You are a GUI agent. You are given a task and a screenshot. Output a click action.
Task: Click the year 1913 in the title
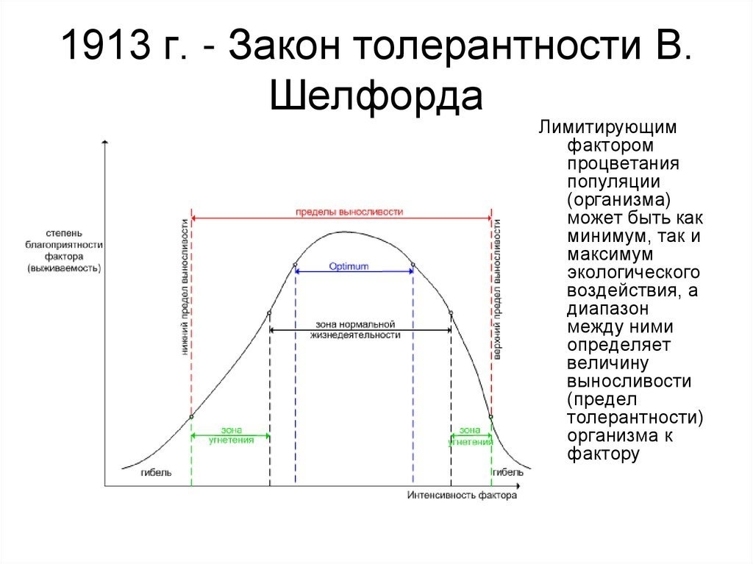coord(106,45)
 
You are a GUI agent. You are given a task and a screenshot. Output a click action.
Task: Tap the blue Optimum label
coord(349,266)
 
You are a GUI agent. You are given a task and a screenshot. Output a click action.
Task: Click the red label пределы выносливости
coord(349,212)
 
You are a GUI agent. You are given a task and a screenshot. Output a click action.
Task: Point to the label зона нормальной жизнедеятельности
coord(355,329)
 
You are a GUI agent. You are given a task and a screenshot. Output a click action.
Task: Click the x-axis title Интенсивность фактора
coord(462,496)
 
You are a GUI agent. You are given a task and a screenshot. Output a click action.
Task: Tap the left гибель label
coord(156,472)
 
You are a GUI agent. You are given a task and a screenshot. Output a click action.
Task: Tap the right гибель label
coord(508,472)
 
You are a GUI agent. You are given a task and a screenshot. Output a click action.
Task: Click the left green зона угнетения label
coord(231,435)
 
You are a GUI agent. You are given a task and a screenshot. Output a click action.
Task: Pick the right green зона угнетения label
coord(470,436)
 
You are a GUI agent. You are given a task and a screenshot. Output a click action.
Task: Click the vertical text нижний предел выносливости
coord(185,288)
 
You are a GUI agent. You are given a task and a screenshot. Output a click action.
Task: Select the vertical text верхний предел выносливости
coord(498,289)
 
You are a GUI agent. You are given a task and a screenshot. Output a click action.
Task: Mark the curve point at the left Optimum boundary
coord(295,265)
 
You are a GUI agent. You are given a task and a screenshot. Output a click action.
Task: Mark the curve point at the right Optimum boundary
coord(413,265)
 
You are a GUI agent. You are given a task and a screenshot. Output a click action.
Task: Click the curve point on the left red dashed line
coord(191,416)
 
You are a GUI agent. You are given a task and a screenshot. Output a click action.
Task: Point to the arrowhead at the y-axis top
coord(105,142)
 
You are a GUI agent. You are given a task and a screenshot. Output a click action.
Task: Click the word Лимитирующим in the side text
coord(607,127)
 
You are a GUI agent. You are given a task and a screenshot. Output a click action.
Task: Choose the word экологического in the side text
coord(633,272)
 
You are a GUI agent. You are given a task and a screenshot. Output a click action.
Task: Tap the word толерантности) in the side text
coord(635,417)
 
